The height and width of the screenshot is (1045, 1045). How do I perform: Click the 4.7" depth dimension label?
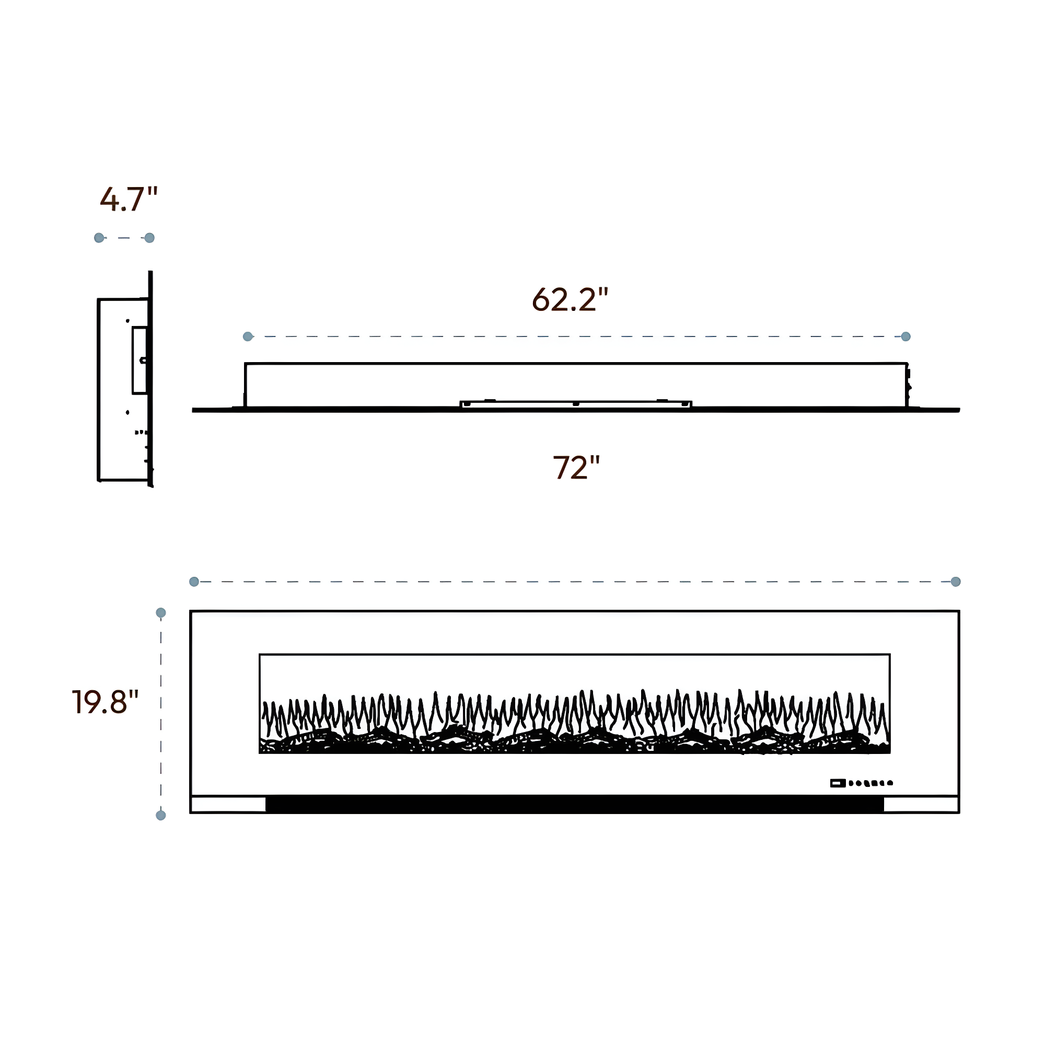pos(129,199)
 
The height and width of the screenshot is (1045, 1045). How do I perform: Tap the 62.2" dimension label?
pos(570,299)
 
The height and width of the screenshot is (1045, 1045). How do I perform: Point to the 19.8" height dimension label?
pos(106,702)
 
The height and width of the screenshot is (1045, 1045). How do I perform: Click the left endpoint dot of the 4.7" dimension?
pos(99,238)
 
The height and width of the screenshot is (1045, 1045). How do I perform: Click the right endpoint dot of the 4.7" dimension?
pos(150,238)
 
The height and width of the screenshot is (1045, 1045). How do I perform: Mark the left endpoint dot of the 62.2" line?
pos(248,336)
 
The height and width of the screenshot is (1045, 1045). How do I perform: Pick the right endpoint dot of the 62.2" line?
pos(906,336)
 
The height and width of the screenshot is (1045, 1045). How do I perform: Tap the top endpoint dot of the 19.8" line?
pos(160,613)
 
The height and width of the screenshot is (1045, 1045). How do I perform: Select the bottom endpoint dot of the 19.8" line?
pos(160,815)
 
